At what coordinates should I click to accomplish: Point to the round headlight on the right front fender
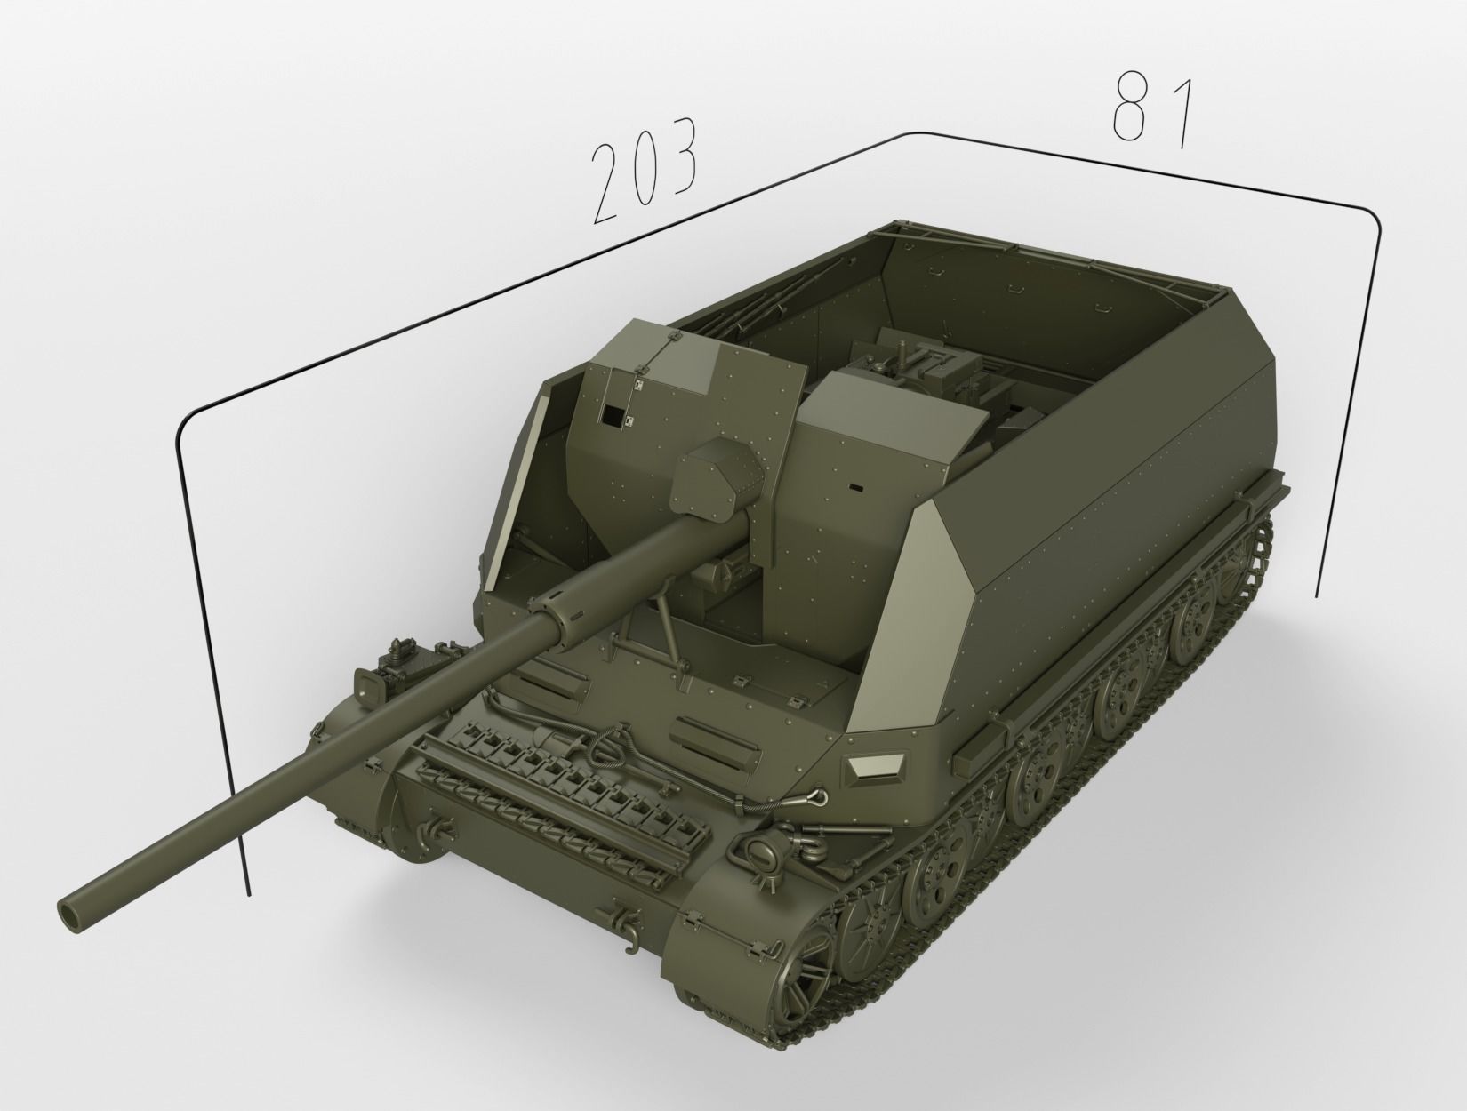[761, 854]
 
